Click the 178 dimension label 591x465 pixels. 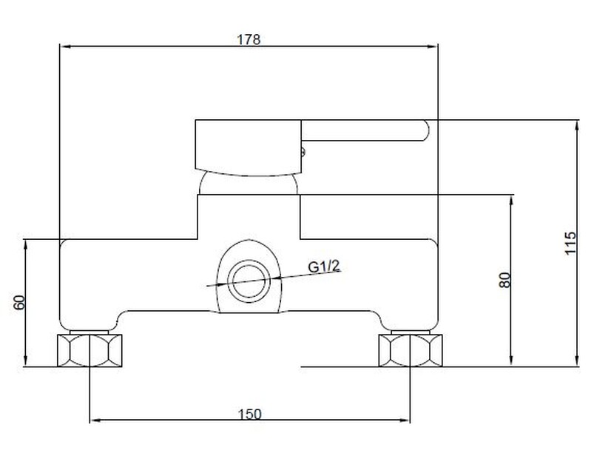249,39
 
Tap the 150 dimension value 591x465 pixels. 249,414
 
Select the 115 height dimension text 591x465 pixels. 570,243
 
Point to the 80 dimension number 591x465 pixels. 504,280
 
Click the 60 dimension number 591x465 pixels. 19,302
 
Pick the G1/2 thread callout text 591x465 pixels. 324,267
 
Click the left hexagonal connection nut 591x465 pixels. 90,350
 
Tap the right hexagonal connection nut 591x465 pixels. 411,350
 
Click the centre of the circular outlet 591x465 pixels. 249,281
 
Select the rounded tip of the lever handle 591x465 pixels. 426,130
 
